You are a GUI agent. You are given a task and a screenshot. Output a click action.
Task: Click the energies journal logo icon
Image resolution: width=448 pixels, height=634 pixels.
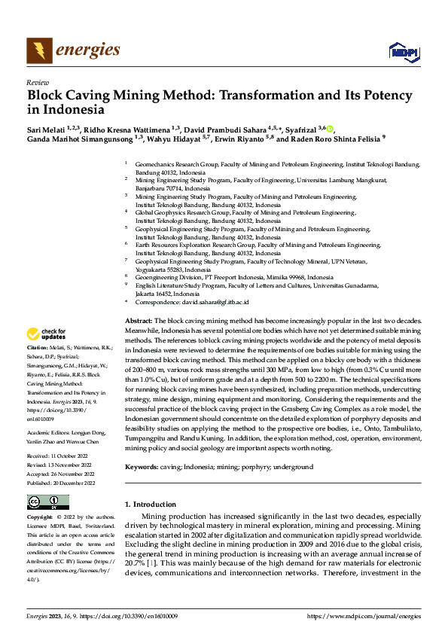[x=38, y=50]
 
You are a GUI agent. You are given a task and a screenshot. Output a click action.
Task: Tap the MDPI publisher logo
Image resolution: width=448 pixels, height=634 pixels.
[x=403, y=51]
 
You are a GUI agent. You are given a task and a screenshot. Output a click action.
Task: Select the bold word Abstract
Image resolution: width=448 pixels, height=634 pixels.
[x=138, y=321]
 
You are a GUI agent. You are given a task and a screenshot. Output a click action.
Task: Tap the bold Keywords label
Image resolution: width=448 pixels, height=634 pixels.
[x=142, y=467]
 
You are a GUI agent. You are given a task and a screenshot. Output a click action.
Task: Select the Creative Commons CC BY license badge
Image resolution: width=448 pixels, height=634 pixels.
[x=47, y=502]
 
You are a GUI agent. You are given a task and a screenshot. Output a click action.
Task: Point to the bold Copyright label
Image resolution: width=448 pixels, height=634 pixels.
[x=39, y=518]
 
